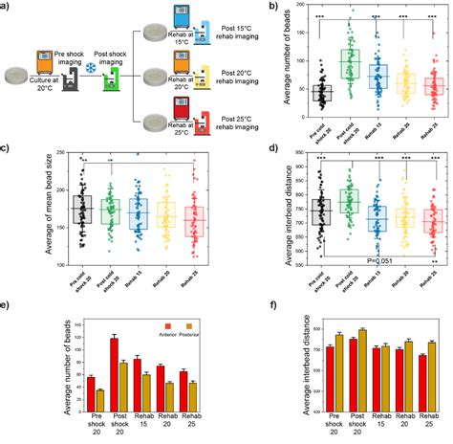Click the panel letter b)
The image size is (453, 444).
click(x=250, y=7)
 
